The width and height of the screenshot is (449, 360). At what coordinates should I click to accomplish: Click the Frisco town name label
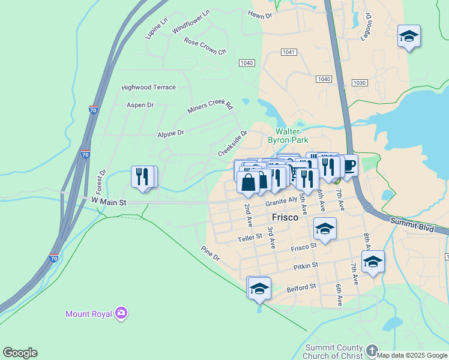285,217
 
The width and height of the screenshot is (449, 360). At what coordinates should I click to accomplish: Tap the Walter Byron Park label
292,136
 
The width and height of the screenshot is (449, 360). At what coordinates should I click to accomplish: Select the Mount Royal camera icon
122,313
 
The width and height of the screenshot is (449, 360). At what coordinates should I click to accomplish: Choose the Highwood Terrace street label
148,87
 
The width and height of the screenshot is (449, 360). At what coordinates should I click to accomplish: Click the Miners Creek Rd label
209,107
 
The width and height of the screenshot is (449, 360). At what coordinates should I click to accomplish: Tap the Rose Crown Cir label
205,46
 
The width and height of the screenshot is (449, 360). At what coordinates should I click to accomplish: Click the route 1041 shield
288,52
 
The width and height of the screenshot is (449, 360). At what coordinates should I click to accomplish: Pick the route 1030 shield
360,83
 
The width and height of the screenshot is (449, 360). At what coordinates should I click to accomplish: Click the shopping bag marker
249,181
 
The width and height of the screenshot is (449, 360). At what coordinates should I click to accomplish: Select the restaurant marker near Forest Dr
143,176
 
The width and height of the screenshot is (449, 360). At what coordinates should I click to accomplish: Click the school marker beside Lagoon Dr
409,36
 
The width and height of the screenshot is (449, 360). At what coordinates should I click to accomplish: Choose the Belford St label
301,287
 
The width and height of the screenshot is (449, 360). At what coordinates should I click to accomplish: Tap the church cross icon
372,350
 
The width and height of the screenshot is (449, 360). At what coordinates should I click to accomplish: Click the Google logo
20,353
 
